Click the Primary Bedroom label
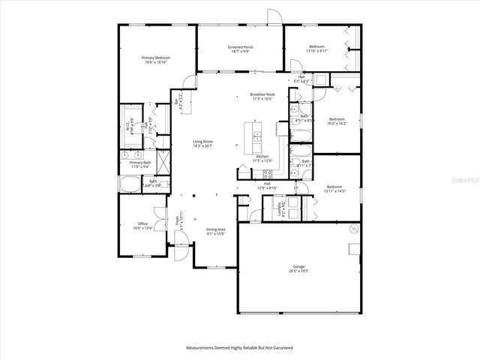coord(157,60)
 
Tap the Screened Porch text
coord(240,49)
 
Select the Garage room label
coord(298,268)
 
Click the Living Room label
coord(203,143)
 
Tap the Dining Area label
coord(216,233)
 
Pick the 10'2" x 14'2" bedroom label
coord(337,121)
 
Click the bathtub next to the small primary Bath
coord(129,183)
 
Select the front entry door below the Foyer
coord(180,239)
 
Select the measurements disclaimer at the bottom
coord(240,347)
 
